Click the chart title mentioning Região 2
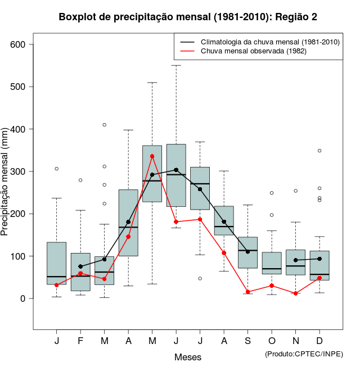(x=188, y=17)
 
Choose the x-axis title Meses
(x=188, y=357)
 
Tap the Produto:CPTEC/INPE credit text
(x=304, y=354)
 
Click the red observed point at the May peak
(x=152, y=156)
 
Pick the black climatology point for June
(x=176, y=170)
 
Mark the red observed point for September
(x=248, y=292)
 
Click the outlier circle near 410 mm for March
(x=105, y=125)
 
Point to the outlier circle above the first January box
(x=57, y=169)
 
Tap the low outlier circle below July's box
(x=200, y=278)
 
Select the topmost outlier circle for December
(x=319, y=151)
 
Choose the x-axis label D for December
(x=319, y=341)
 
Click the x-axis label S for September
(x=248, y=341)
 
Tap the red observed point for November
(x=296, y=293)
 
